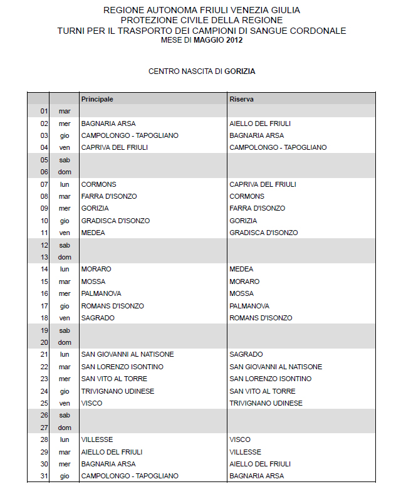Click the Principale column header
click(x=97, y=99)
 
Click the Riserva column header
click(x=241, y=99)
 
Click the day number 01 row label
click(x=44, y=111)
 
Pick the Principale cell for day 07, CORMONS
click(x=99, y=184)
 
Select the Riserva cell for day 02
click(x=260, y=124)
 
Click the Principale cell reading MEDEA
click(x=93, y=233)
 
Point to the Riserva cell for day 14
click(x=241, y=269)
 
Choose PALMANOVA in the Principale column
click(x=102, y=293)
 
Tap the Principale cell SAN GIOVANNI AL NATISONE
click(x=127, y=354)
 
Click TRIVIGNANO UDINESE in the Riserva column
click(x=266, y=403)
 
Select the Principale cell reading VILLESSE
click(x=97, y=439)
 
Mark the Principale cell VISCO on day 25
click(x=91, y=403)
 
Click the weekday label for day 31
click(x=65, y=476)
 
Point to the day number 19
click(x=44, y=330)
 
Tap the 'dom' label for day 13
click(x=65, y=257)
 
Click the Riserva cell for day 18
click(x=261, y=318)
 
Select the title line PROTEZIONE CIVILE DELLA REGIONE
click(x=201, y=21)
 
